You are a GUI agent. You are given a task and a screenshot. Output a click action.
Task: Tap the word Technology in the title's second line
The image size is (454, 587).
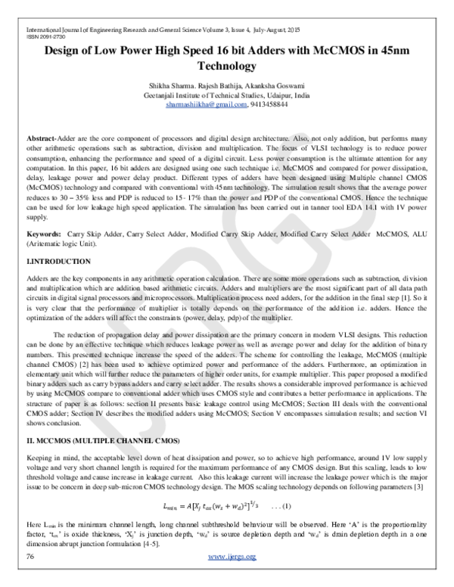pyautogui.click(x=228, y=67)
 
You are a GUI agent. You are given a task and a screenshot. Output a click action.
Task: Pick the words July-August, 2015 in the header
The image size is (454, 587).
pyautogui.click(x=272, y=27)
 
